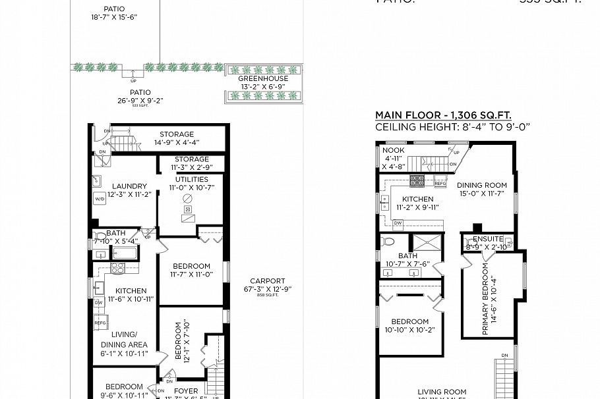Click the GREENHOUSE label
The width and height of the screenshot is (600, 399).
point(263,79)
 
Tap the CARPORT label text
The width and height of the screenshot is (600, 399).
point(267,280)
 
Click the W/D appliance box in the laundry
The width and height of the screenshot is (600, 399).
point(100,198)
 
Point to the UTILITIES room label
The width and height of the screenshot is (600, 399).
point(191,179)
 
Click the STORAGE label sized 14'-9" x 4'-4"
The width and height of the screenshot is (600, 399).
point(176,134)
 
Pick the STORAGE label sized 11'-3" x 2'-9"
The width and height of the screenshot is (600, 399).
point(191,159)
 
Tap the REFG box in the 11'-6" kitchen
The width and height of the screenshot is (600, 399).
point(100,323)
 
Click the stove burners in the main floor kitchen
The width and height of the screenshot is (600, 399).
point(417,180)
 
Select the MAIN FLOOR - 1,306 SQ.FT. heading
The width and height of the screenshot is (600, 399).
point(443,115)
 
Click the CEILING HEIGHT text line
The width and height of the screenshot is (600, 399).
point(452,126)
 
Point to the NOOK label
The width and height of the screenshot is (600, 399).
point(394,150)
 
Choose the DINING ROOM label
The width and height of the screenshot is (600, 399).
point(481,186)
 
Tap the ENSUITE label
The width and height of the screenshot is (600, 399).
point(487,239)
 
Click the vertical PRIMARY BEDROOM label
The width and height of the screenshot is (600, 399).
point(485,299)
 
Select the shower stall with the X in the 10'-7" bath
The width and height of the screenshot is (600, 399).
point(427,242)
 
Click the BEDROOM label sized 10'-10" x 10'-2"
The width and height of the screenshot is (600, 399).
point(409,321)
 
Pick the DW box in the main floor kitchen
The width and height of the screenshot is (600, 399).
point(398,223)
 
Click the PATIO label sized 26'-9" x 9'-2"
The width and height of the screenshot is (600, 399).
point(140,93)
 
